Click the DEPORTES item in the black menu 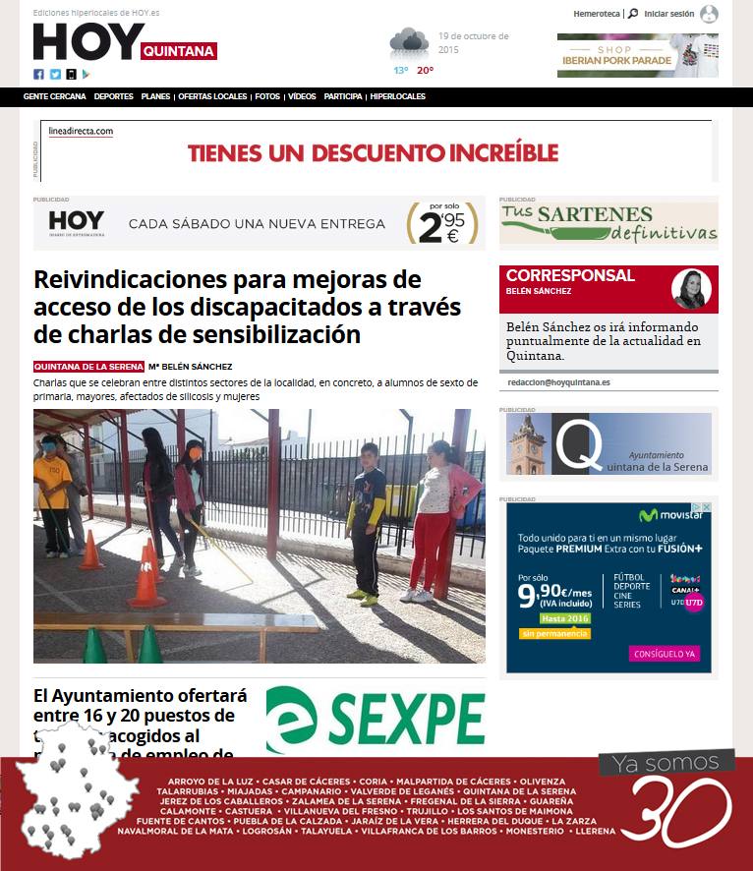[114, 96]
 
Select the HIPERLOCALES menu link [398, 96]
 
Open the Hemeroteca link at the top [597, 14]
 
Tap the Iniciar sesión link [668, 14]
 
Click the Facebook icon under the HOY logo [39, 74]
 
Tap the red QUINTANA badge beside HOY [178, 51]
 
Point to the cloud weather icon [408, 43]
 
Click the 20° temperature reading [425, 71]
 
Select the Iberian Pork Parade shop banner [637, 55]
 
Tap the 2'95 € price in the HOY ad [442, 225]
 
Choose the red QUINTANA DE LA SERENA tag [88, 367]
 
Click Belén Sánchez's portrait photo [691, 289]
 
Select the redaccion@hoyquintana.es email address [558, 382]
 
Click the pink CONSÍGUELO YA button [665, 653]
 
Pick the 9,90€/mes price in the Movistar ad [554, 594]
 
